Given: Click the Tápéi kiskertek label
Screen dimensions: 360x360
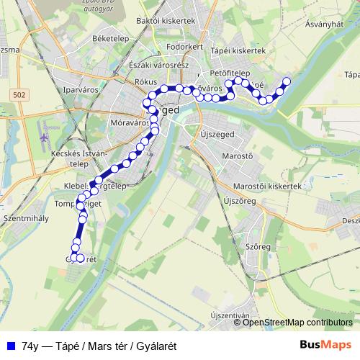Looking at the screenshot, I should (239, 51).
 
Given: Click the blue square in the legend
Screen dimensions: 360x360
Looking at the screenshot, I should (9, 346).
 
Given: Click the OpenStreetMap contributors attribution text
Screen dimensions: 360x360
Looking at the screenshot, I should (297, 323).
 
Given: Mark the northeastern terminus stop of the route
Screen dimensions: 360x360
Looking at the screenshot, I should (287, 81).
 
